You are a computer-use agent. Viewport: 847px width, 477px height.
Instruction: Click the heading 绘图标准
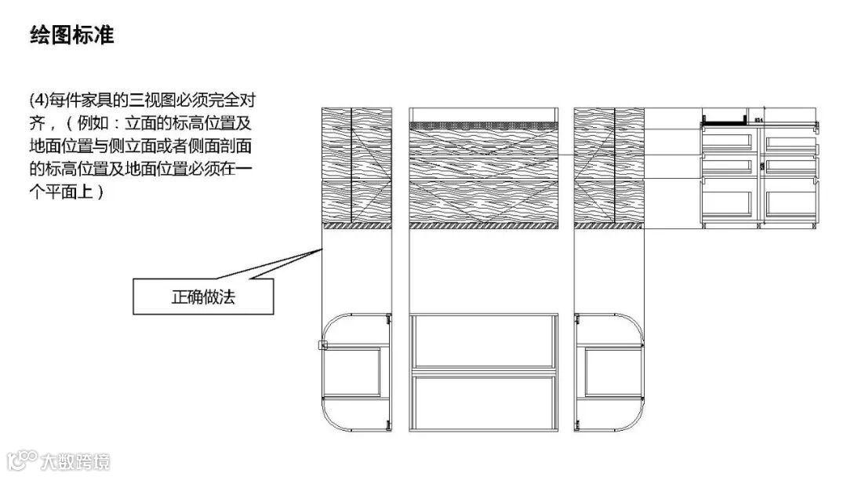coord(72,36)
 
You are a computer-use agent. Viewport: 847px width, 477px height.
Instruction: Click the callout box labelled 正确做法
coord(203,297)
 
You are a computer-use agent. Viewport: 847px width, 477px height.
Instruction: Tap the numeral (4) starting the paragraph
coord(38,100)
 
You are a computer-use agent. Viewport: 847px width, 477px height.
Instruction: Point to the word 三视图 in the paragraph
coord(158,100)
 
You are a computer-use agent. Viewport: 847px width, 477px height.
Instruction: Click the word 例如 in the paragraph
coord(95,123)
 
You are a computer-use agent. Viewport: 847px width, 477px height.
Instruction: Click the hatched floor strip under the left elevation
coord(357,225)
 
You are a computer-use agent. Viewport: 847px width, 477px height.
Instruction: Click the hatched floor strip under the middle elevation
coord(484,225)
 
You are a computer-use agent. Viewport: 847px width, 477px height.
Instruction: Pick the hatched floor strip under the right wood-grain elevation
coord(609,225)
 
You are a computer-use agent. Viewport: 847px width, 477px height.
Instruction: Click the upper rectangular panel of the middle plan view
coord(484,341)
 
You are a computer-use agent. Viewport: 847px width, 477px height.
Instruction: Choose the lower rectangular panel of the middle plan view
coord(484,402)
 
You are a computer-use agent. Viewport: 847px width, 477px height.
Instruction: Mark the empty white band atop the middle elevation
coord(484,115)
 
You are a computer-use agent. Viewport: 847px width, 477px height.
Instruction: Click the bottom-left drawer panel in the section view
coord(728,202)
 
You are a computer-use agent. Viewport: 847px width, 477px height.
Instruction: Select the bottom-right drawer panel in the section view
coord(791,202)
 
